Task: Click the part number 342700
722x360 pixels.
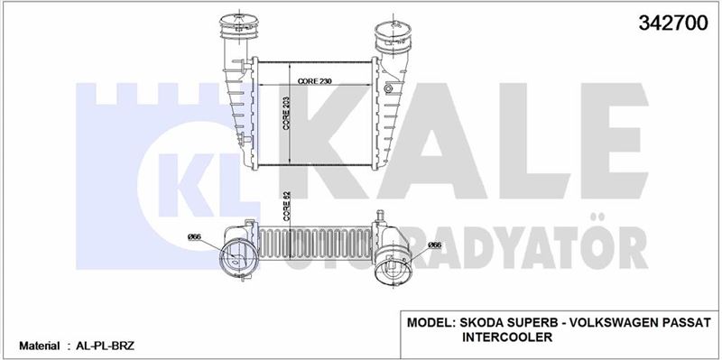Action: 672,23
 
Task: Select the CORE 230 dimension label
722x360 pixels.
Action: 315,81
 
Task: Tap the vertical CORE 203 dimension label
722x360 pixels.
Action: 286,114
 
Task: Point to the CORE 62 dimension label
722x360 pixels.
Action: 286,206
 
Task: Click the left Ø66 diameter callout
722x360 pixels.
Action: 194,237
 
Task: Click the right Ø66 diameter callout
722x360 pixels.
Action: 434,245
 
